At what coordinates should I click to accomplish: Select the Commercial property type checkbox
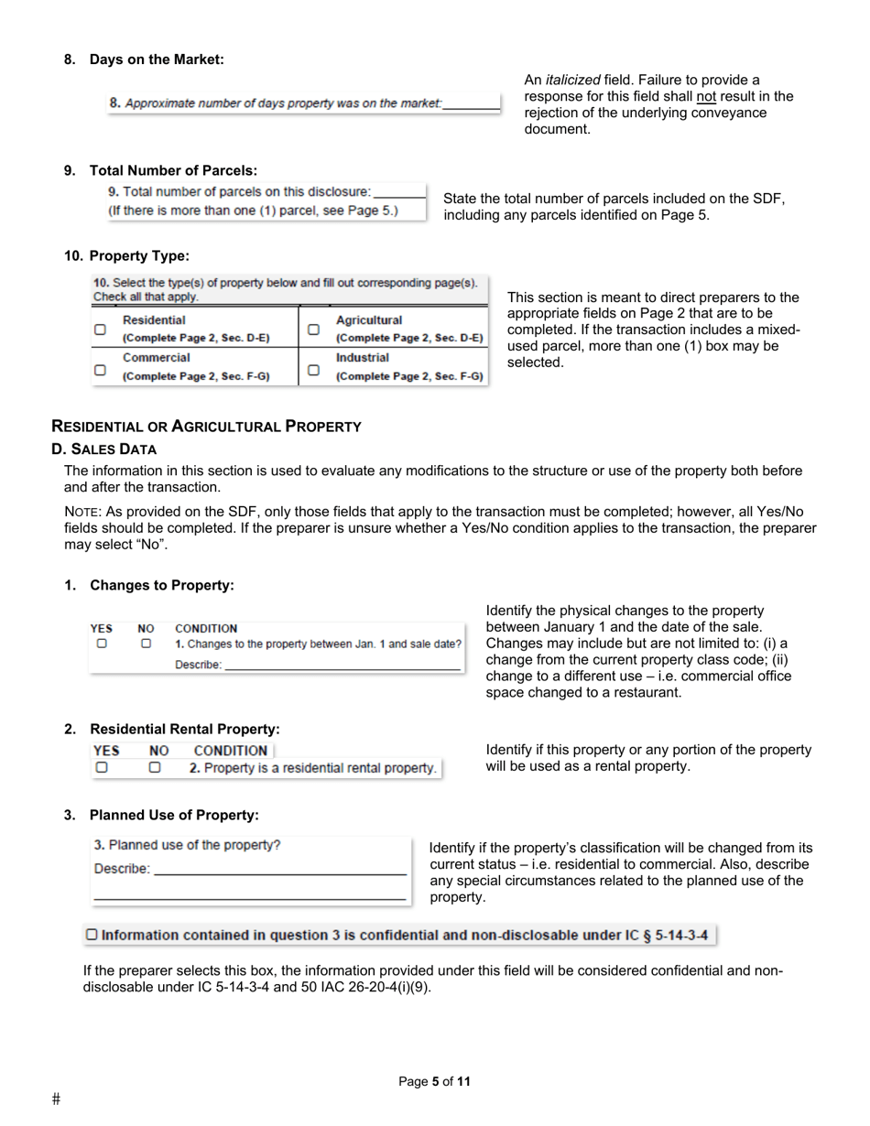click(100, 370)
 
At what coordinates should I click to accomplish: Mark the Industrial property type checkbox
click(313, 370)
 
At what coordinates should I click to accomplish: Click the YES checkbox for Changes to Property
click(102, 644)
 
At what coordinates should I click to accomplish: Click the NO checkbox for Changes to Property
click(146, 644)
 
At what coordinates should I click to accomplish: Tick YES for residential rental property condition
click(103, 767)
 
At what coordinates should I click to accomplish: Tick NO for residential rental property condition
click(155, 767)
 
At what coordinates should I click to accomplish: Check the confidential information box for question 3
click(91, 935)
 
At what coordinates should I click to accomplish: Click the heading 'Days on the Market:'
click(157, 60)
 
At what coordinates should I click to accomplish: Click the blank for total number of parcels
click(399, 193)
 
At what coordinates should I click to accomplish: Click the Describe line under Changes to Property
click(342, 666)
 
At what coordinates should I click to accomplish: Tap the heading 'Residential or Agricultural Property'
click(206, 427)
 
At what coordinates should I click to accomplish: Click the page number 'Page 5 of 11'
click(434, 1081)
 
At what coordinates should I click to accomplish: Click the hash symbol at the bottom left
click(56, 1099)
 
